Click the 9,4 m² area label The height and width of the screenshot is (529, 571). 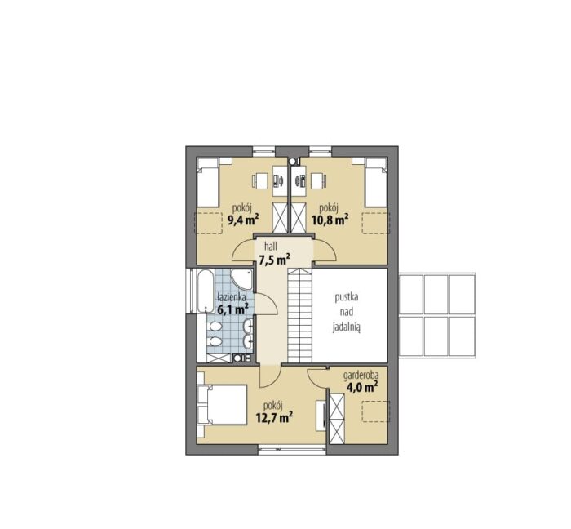point(243,220)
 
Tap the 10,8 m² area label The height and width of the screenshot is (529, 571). point(330,220)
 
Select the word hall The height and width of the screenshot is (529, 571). point(271,247)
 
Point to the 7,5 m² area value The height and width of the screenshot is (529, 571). point(274,260)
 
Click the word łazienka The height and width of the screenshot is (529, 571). point(232,297)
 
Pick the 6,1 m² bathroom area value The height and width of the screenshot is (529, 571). point(232,310)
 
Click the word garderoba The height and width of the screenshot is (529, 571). point(361,375)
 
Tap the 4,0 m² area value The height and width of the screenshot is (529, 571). point(361,387)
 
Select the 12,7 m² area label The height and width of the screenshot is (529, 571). point(275,417)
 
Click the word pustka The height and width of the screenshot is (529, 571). point(347,297)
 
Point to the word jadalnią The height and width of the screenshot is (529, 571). point(347,328)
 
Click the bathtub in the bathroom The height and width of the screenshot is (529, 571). point(206,291)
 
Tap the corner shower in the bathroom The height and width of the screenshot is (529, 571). point(241,282)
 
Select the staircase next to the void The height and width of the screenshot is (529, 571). point(300,315)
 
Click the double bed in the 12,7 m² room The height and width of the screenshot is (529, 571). point(222,404)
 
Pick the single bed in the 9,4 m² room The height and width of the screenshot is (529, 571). point(207,183)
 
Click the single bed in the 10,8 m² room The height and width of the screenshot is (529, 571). point(376,183)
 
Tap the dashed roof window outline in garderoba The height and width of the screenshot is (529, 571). point(375,411)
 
